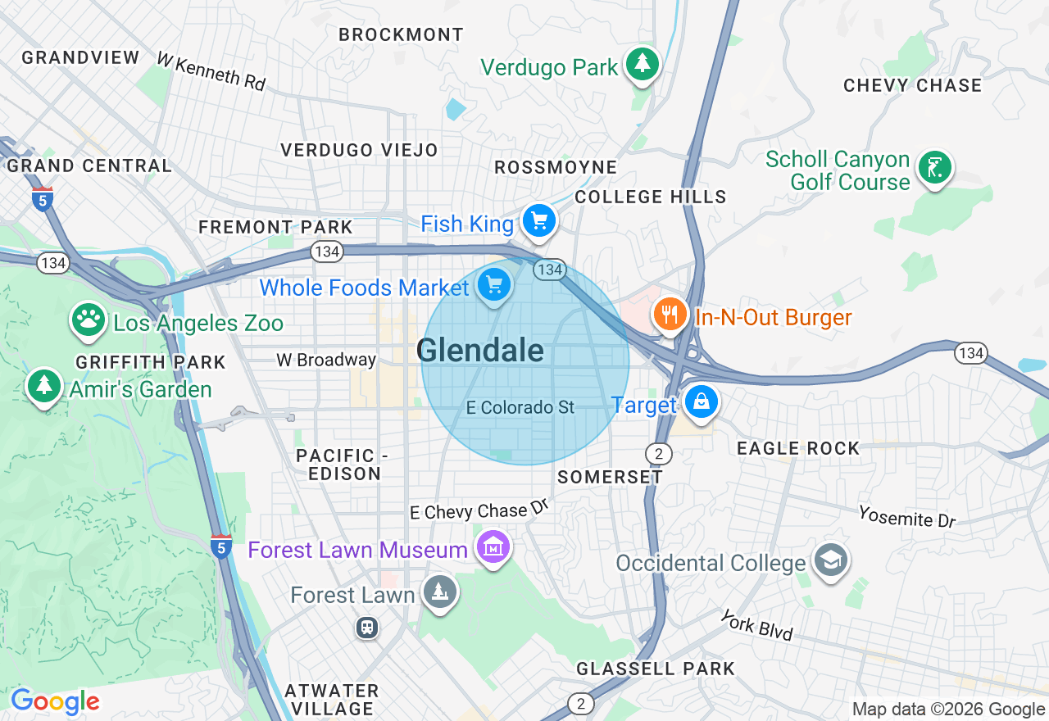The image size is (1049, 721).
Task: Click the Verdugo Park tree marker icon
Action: coord(643,64)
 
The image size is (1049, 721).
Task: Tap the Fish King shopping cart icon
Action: coord(539,220)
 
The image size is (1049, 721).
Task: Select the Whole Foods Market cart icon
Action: coord(494,285)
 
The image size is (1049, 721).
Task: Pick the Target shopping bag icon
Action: coord(702,402)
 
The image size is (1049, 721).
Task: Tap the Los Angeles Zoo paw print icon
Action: coord(89,320)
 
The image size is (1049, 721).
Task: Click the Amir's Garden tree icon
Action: coord(44,385)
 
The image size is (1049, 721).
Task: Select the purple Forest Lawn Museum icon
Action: coord(493,546)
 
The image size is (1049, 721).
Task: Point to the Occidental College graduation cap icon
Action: coord(830,561)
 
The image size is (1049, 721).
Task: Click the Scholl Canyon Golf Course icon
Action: coord(935,167)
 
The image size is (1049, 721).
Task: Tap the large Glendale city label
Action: coord(480,351)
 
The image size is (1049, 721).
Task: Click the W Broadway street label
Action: coord(326,360)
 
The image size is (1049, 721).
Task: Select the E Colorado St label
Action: coord(520,407)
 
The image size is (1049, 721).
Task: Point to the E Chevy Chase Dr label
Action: coord(479,510)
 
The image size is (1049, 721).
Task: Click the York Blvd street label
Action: coord(757,625)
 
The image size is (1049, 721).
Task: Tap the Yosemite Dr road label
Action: coord(907,517)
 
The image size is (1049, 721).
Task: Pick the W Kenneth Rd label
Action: coord(211,72)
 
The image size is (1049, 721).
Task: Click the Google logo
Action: coord(55,701)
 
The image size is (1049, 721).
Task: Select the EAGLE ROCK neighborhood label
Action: coord(797,448)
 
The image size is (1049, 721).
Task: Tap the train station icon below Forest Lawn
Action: coord(366,628)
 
